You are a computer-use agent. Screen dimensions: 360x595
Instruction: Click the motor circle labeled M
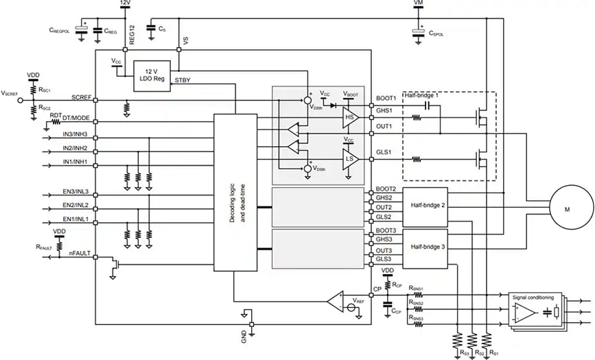coord(566,208)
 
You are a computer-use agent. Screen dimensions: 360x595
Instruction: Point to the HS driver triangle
coord(350,118)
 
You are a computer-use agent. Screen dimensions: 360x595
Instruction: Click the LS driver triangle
coord(350,158)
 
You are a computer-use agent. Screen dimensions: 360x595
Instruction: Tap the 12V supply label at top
coord(125,3)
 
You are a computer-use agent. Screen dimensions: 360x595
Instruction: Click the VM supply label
coord(418,3)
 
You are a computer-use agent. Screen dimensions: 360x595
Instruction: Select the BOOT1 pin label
coord(386,97)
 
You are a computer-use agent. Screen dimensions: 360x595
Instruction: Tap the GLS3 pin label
coord(384,259)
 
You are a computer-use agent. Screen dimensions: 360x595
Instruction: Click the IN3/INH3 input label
coord(77,133)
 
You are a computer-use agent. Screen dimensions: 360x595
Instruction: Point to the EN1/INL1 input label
coord(77,219)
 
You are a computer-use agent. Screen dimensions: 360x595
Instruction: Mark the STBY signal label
coord(183,80)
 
